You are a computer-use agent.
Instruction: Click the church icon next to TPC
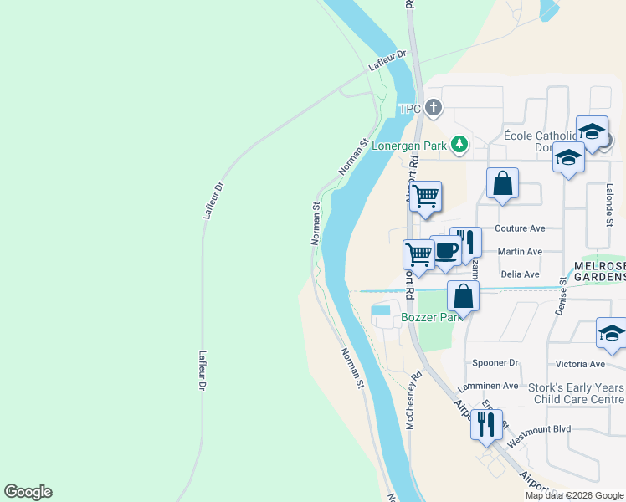tap(433, 107)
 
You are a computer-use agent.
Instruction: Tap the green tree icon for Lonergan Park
tap(459, 145)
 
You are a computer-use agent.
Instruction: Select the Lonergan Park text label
tap(411, 146)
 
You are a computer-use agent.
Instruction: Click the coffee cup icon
tap(445, 252)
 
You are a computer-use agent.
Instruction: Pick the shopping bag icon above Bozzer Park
tap(463, 295)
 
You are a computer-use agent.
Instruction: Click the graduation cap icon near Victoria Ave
tap(611, 334)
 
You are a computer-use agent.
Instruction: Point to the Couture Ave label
tap(520, 228)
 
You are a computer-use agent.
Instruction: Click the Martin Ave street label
tap(520, 251)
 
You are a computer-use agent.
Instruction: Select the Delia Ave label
tap(519, 274)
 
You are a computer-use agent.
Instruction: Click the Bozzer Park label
tap(432, 318)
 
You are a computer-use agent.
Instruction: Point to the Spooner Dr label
tap(495, 363)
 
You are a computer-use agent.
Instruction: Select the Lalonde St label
tap(608, 204)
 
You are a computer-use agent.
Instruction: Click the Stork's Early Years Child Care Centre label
tap(576, 394)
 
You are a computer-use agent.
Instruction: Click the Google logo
tap(28, 492)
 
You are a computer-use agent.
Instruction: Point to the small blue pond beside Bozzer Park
tap(381, 310)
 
